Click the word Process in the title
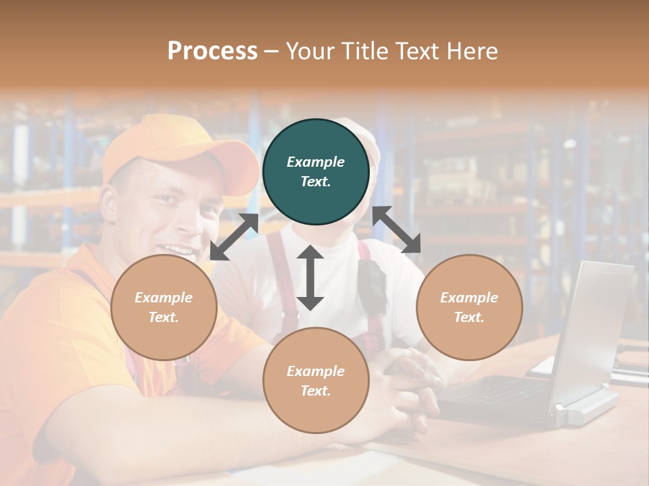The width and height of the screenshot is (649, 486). pyautogui.click(x=212, y=51)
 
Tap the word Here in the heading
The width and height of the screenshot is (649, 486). pyautogui.click(x=471, y=51)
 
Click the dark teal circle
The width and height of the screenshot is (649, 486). pyautogui.click(x=316, y=171)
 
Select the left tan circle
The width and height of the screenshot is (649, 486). pyautogui.click(x=164, y=307)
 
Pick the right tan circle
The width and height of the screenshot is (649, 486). pyautogui.click(x=469, y=307)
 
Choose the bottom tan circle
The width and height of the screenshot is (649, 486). pyautogui.click(x=316, y=380)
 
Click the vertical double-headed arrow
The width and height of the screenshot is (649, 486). pyautogui.click(x=310, y=278)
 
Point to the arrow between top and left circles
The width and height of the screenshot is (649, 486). pyautogui.click(x=234, y=237)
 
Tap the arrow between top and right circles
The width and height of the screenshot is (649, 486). pyautogui.click(x=397, y=230)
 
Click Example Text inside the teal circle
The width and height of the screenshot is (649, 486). pyautogui.click(x=316, y=171)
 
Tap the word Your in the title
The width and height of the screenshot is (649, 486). pyautogui.click(x=312, y=51)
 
